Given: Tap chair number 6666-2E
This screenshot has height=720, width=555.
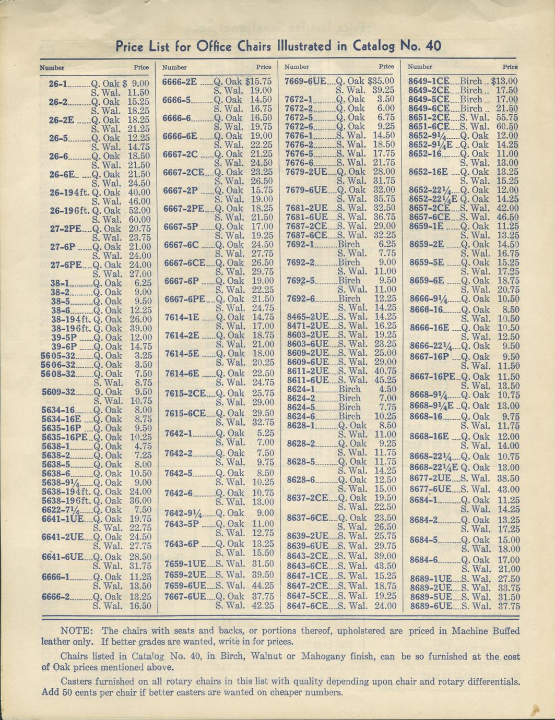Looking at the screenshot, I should click(x=180, y=82).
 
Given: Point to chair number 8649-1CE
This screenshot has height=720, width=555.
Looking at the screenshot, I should click(x=429, y=81).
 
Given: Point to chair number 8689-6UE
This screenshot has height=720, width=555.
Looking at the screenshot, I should click(x=431, y=606).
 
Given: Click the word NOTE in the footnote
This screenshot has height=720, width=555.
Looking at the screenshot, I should click(x=77, y=631).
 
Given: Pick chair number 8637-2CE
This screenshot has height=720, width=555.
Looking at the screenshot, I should click(x=307, y=498).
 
